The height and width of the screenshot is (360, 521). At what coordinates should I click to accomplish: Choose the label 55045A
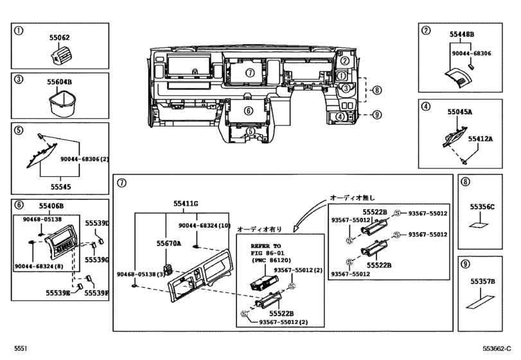pos(459,111)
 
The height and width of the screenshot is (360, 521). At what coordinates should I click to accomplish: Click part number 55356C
pos(482,206)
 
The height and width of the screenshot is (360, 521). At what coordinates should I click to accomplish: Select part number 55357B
pos(482,281)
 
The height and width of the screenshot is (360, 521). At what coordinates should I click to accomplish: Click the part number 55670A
pos(169,244)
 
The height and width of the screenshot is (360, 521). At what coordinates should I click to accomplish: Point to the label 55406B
pos(51,206)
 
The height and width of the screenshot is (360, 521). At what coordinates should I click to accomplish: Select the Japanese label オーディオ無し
pos(351,197)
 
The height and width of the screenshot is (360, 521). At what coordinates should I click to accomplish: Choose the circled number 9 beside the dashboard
pos(376,115)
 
